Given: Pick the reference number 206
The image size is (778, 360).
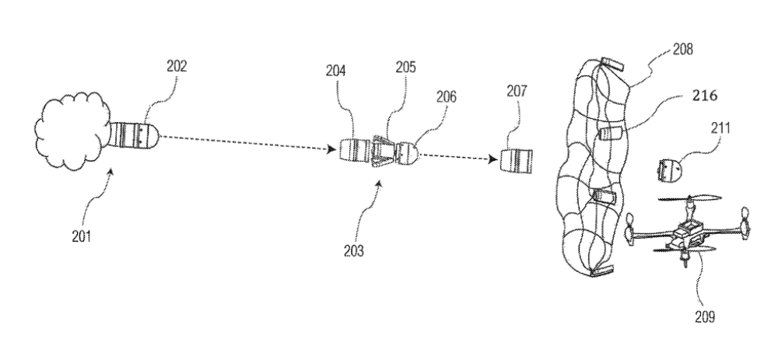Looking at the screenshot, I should [x=447, y=97].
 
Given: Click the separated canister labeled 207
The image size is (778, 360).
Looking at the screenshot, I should [x=516, y=162].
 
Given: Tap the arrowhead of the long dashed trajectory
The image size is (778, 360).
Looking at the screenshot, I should [x=334, y=149].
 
